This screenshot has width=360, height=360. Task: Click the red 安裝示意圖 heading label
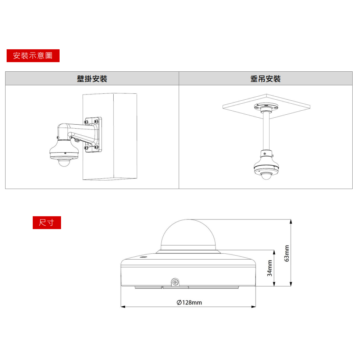pyautogui.click(x=33, y=56)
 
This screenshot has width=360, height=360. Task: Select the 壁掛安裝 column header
pyautogui.click(x=92, y=79)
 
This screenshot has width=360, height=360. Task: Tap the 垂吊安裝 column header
pyautogui.click(x=265, y=79)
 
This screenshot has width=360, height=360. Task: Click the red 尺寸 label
pyautogui.click(x=47, y=222)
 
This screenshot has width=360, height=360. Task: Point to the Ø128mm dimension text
pyautogui.click(x=189, y=303)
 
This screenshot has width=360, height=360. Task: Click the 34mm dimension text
pyautogui.click(x=270, y=268)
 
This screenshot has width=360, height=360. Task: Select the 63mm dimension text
pyautogui.click(x=287, y=253)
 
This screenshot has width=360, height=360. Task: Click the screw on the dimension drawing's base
pyautogui.click(x=175, y=282)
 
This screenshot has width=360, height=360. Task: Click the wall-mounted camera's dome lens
pyautogui.click(x=64, y=163)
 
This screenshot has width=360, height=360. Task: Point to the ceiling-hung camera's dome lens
pyautogui.click(x=265, y=177)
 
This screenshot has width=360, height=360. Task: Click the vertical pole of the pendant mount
pyautogui.click(x=266, y=131)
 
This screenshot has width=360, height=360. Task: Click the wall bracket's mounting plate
pyautogui.click(x=92, y=134)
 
